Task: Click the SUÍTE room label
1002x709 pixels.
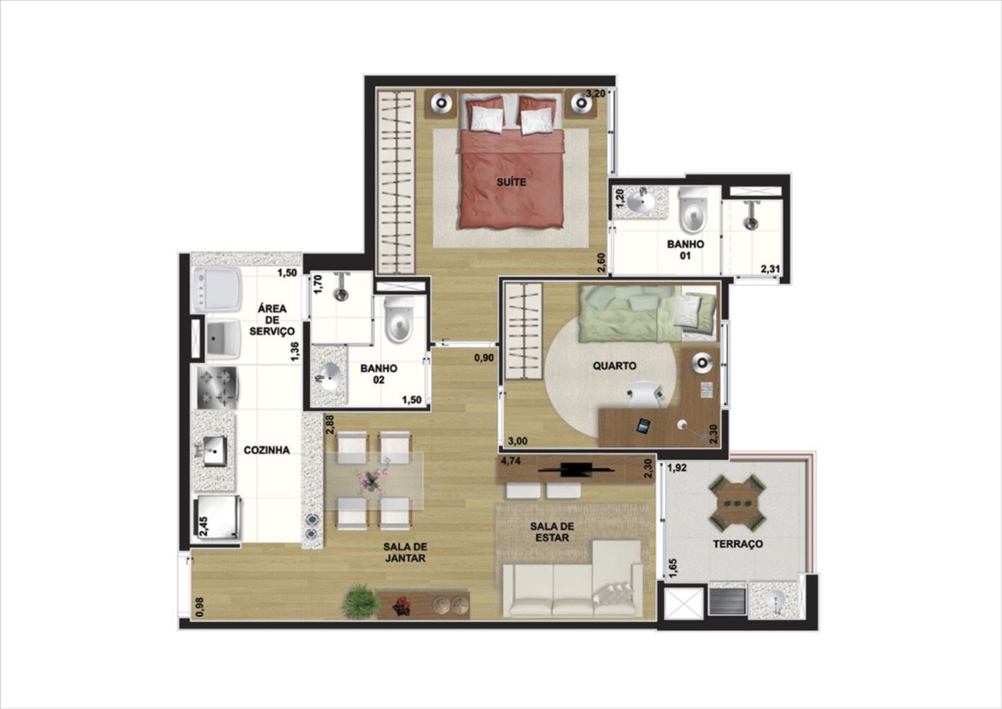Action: [511, 182]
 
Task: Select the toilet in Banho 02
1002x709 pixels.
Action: [398, 320]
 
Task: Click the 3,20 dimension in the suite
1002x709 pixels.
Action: [596, 93]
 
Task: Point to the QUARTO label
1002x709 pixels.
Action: [614, 366]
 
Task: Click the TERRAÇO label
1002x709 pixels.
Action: [738, 544]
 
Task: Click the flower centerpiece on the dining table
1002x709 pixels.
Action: [373, 480]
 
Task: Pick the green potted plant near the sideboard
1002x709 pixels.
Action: [360, 601]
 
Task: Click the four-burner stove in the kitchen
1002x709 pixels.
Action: [217, 388]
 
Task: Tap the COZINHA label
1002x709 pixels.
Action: [266, 450]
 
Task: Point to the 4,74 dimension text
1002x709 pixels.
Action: [511, 460]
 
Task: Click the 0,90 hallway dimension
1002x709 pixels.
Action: [484, 358]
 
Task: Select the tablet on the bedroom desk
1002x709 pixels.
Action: [644, 426]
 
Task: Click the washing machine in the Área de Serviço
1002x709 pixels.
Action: [217, 290]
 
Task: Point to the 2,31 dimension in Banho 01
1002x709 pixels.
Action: [770, 269]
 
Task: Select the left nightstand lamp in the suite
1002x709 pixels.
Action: [441, 103]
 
